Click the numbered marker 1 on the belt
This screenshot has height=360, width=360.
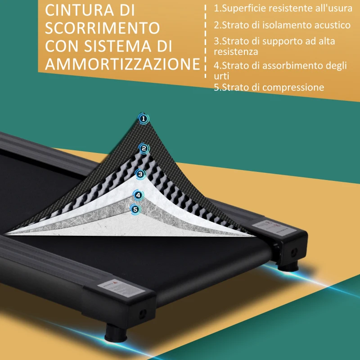144,119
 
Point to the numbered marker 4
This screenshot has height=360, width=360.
138,194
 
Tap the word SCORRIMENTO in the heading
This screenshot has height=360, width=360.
103,28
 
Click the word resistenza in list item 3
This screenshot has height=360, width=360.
236,52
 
